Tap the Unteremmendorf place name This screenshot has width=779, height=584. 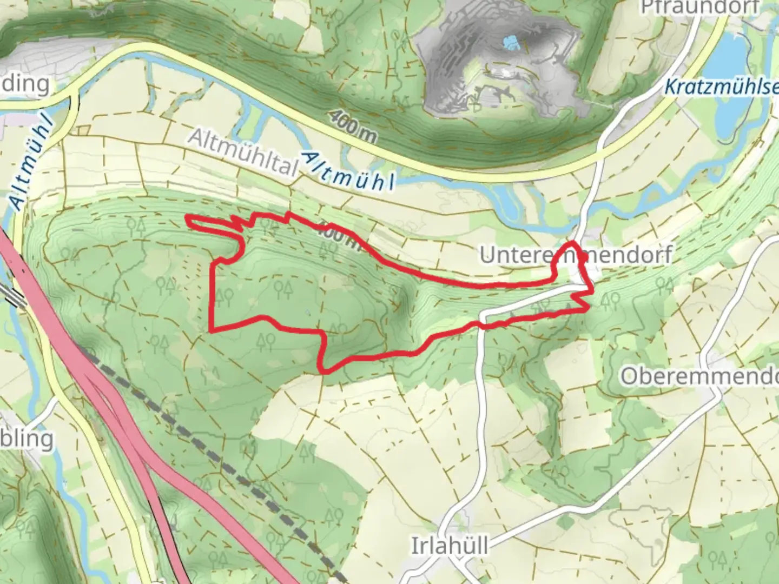pyautogui.click(x=576, y=255)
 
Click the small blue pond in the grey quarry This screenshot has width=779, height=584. pyautogui.click(x=510, y=41)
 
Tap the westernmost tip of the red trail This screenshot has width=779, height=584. pyautogui.click(x=187, y=218)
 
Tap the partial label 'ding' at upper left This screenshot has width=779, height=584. pyautogui.click(x=24, y=84)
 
